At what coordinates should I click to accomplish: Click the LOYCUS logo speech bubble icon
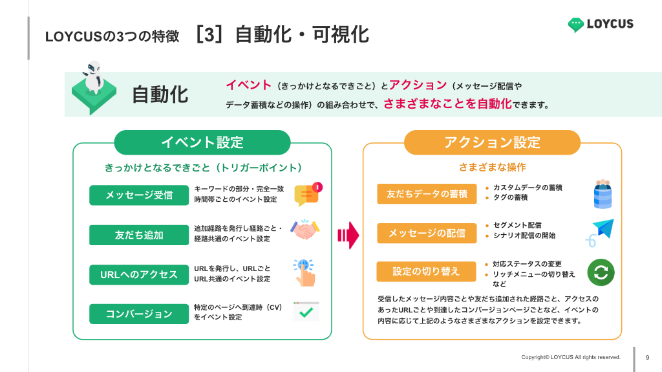tap(575, 25)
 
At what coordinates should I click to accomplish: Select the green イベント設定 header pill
tap(202, 142)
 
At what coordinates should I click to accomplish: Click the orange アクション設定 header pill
tap(492, 142)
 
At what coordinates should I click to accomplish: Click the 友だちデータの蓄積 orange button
tap(427, 194)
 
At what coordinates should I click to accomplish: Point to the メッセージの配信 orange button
tap(427, 233)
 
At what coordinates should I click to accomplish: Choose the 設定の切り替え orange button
tap(427, 272)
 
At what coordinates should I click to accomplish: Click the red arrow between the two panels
tap(348, 235)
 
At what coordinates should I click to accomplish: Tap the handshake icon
tap(305, 230)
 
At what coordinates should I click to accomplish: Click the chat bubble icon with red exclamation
tap(307, 193)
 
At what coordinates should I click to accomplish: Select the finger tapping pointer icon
tap(305, 272)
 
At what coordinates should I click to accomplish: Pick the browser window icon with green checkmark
tap(306, 311)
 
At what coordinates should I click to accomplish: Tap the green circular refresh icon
tap(601, 272)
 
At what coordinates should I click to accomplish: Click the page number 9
tap(648, 358)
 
